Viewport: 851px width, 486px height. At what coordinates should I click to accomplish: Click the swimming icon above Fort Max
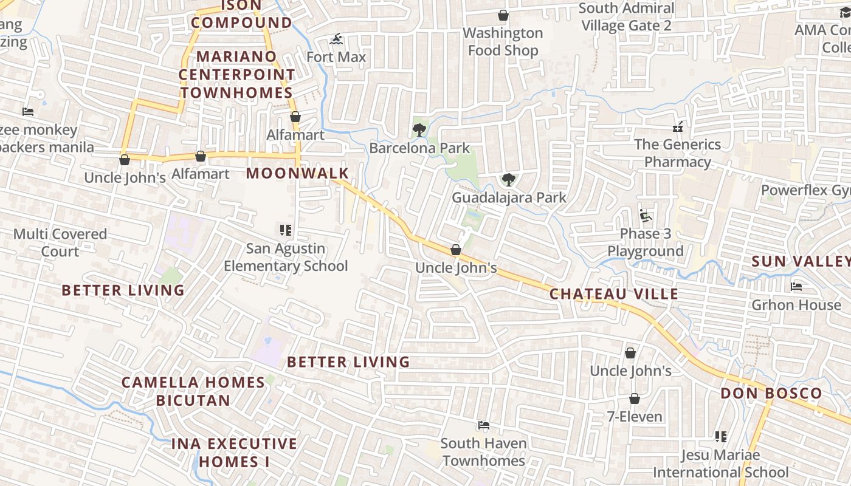click(x=336, y=40)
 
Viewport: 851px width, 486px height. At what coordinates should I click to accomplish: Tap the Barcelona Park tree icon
click(x=419, y=129)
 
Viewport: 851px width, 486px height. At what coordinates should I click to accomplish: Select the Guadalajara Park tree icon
click(x=509, y=179)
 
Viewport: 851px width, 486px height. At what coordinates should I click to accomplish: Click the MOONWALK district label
click(x=297, y=173)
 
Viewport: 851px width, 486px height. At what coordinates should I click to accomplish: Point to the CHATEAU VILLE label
click(x=614, y=294)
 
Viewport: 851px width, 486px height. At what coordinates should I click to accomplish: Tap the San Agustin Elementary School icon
click(x=286, y=230)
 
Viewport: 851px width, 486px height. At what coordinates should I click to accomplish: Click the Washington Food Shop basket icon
click(x=503, y=15)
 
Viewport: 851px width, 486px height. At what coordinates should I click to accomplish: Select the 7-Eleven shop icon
click(x=635, y=399)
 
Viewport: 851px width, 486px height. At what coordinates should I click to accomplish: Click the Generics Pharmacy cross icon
click(x=677, y=127)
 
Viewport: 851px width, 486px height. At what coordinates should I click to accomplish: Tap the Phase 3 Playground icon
click(x=645, y=216)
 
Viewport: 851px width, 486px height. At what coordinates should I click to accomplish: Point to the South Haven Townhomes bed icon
click(x=484, y=425)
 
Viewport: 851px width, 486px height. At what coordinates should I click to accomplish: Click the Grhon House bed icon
click(x=796, y=286)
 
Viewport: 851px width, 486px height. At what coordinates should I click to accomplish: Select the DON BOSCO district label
click(x=771, y=393)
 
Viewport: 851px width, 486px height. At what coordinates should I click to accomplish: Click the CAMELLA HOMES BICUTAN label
click(x=193, y=391)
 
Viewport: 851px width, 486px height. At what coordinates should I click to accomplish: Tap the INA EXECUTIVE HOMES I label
click(x=234, y=453)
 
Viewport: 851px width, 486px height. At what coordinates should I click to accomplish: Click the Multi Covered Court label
click(x=60, y=242)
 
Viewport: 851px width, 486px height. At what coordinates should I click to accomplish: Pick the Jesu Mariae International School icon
click(x=721, y=436)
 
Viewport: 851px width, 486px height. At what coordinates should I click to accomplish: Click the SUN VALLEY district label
click(x=801, y=261)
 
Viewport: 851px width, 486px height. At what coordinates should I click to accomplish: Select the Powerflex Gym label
click(x=805, y=190)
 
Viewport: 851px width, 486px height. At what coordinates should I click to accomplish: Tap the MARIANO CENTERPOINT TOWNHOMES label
click(x=237, y=74)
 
